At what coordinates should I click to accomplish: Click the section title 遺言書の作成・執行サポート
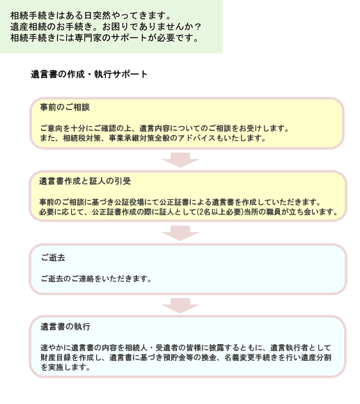[x=89, y=75]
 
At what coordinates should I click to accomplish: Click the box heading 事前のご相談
[x=65, y=107]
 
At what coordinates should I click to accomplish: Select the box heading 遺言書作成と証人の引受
[x=85, y=181]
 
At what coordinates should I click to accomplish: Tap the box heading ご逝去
[x=53, y=258]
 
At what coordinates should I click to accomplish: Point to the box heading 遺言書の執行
[x=65, y=327]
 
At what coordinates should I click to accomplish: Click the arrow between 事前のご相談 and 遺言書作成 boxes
[x=180, y=160]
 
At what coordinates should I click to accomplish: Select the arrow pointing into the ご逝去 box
[x=180, y=233]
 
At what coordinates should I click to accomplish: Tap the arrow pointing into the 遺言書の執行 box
[x=180, y=306]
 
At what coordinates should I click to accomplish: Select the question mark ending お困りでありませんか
[x=198, y=26]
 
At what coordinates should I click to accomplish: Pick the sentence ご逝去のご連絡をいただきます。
[x=96, y=279]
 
